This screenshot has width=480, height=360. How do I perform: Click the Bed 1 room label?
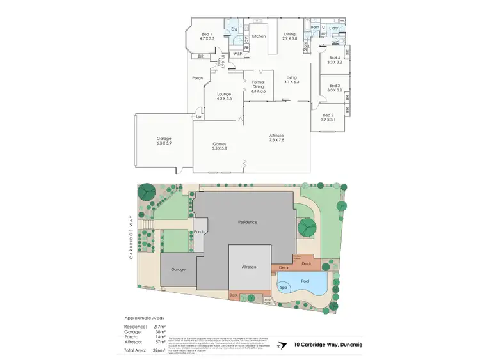pos(206,36)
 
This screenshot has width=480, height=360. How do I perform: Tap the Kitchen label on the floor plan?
pos(259,36)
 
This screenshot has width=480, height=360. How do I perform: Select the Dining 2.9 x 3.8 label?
pos(290,36)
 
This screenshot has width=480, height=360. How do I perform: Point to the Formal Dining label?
pos(258,86)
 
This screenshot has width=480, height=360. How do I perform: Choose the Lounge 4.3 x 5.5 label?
pos(223,97)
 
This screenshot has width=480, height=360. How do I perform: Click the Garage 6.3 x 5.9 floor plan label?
pos(164,141)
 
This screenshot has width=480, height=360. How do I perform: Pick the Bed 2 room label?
pos(328,117)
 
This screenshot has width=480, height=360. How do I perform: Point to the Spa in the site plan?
pos(285,288)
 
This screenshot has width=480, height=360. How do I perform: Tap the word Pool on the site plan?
pos(305,281)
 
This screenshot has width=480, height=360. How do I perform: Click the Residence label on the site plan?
pos(247,222)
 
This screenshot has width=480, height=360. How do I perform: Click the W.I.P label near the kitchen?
pos(238,53)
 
